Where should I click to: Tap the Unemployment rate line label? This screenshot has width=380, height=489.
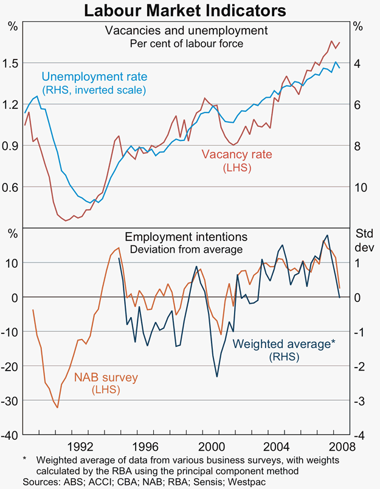pos(94,78)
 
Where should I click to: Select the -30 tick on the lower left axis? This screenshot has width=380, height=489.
pos(10,401)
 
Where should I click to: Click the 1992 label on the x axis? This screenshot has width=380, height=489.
pos(80,445)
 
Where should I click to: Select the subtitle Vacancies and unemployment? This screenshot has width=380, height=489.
pos(187,30)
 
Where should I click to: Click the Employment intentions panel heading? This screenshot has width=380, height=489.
pos(186,237)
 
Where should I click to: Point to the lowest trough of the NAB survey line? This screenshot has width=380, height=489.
pos(57,408)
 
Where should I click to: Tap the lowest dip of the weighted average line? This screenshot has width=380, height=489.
pos(217,377)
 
